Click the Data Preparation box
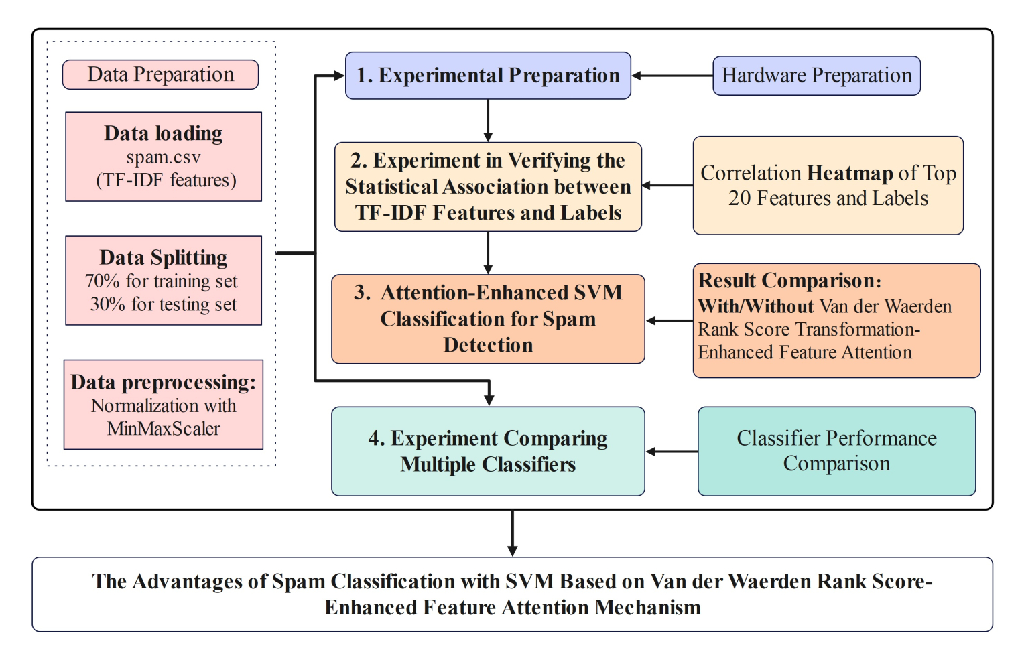[x=160, y=74]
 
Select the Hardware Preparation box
[x=816, y=76]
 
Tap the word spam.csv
[x=164, y=157]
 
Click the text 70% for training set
[x=162, y=281]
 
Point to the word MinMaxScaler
[x=164, y=428]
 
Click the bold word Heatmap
[x=850, y=173]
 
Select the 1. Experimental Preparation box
[x=488, y=76]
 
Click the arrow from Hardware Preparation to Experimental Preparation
[x=672, y=76]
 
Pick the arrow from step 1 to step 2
[x=488, y=121]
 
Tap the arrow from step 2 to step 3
[x=488, y=253]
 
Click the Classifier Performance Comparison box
[x=836, y=451]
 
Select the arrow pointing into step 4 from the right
[x=672, y=452]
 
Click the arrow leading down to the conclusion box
[x=512, y=533]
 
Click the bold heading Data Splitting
[x=164, y=258]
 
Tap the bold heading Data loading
[x=164, y=133]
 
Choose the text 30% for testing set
[x=164, y=304]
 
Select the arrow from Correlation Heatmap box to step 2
[x=667, y=186]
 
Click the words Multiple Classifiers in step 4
[x=488, y=464]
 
